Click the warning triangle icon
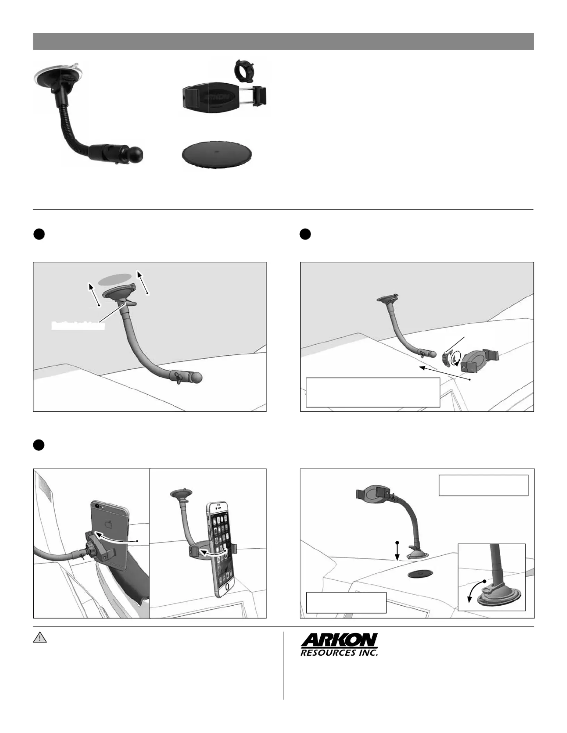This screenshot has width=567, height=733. [40, 638]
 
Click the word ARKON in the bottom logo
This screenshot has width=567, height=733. [339, 640]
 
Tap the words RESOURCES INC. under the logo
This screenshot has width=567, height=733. [339, 653]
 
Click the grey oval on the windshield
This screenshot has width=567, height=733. [115, 279]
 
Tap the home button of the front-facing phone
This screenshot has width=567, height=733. [228, 586]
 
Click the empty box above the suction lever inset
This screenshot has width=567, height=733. [483, 485]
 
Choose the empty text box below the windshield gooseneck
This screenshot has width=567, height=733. [373, 392]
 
